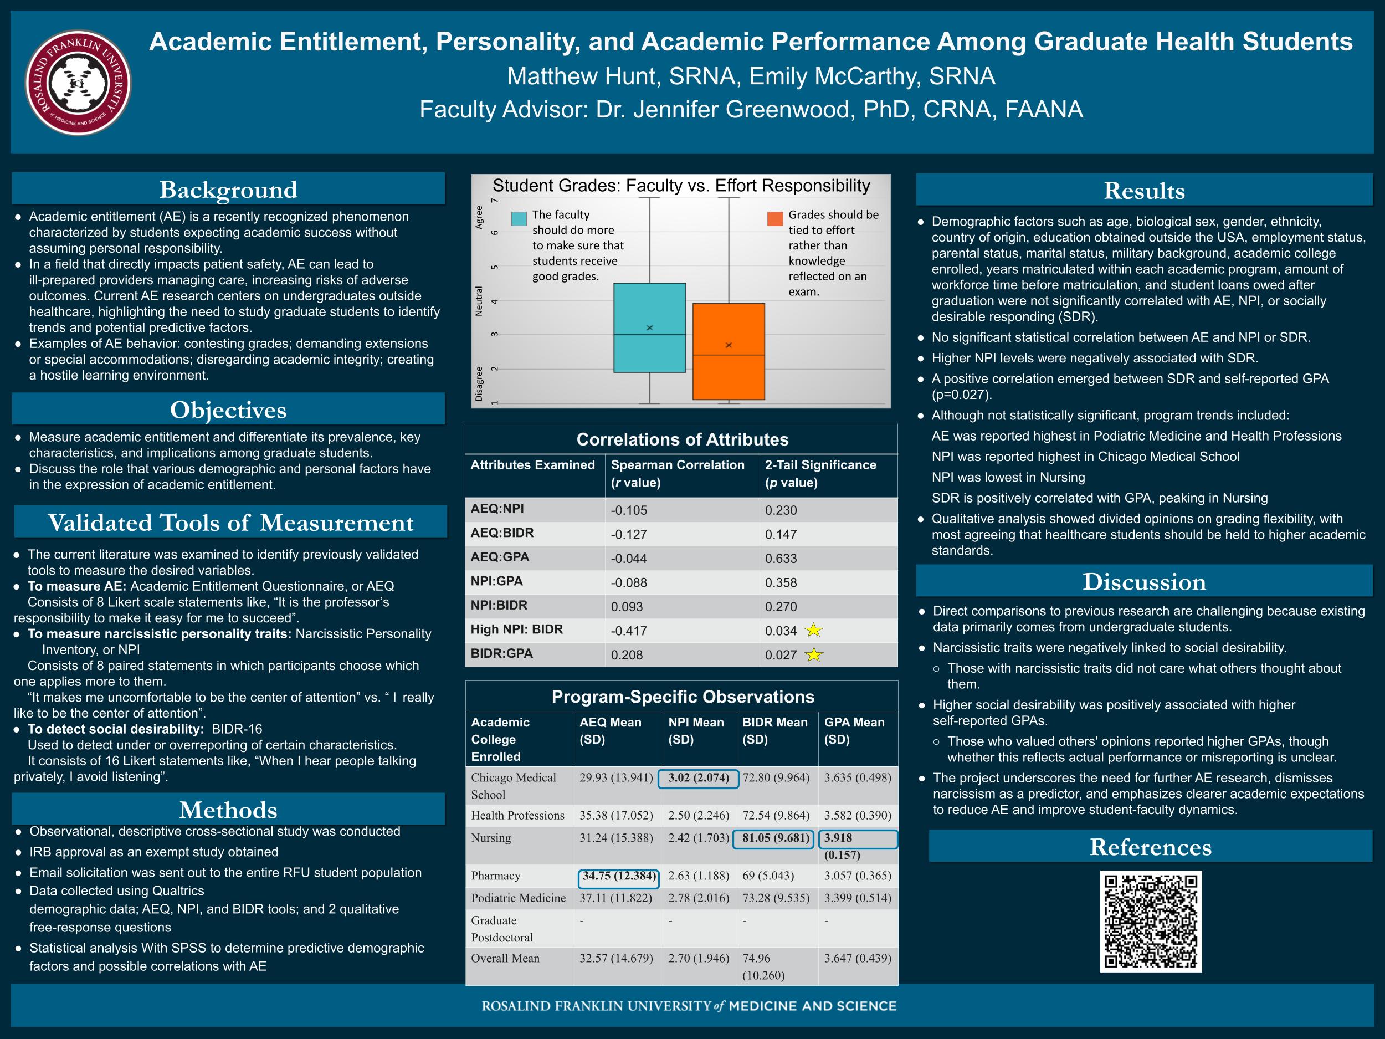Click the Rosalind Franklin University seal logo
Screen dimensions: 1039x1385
(x=78, y=83)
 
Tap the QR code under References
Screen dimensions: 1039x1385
(x=1151, y=922)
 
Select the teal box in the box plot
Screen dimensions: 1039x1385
(x=649, y=327)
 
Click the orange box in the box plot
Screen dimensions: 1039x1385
(x=728, y=351)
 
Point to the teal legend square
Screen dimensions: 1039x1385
(x=519, y=218)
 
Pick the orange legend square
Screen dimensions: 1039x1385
(x=775, y=218)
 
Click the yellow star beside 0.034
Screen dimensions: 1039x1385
(x=813, y=630)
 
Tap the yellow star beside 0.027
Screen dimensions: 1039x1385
(x=813, y=654)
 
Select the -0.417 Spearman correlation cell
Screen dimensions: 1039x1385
(x=629, y=631)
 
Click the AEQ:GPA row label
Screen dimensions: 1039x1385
(x=500, y=557)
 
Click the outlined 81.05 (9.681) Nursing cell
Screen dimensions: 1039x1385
(x=776, y=838)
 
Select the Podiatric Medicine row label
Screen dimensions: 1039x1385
(x=519, y=898)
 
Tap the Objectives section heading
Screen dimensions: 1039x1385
(x=228, y=410)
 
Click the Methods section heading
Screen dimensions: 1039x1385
(x=228, y=810)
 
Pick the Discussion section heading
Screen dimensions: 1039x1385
(x=1144, y=581)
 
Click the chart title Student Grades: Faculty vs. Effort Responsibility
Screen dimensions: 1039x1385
(x=681, y=186)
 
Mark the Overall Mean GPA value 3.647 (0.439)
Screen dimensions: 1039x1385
(x=857, y=958)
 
